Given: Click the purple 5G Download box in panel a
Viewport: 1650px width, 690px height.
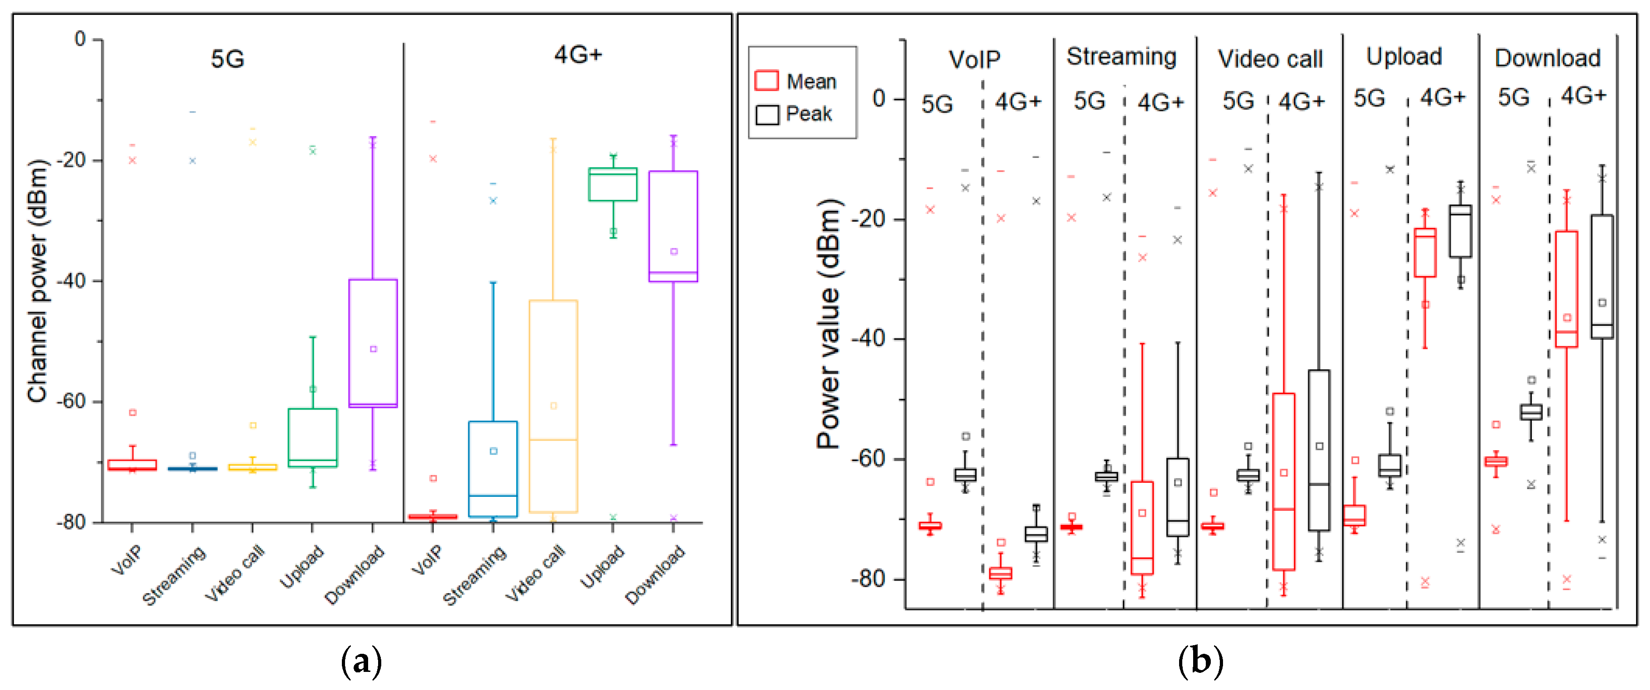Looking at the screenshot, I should point(373,343).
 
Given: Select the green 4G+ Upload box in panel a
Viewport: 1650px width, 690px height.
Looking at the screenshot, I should point(612,184).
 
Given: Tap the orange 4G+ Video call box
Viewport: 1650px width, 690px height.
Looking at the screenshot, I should point(553,406).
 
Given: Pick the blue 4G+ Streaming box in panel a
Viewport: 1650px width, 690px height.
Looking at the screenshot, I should point(493,469).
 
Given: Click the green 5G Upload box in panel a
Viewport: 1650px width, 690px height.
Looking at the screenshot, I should point(312,437).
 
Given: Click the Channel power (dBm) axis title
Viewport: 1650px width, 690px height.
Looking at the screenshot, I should point(37,281).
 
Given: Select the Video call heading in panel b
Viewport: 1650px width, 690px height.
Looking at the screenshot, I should point(1270,59).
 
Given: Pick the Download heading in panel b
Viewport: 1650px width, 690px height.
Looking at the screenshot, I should point(1547,58).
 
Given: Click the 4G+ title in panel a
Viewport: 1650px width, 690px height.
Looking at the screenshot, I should point(578,55).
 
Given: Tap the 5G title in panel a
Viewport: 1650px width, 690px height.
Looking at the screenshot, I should point(227,59).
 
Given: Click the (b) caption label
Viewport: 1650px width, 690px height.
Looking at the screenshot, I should point(1200,661).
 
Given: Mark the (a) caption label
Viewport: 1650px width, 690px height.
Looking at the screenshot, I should point(361,661).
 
